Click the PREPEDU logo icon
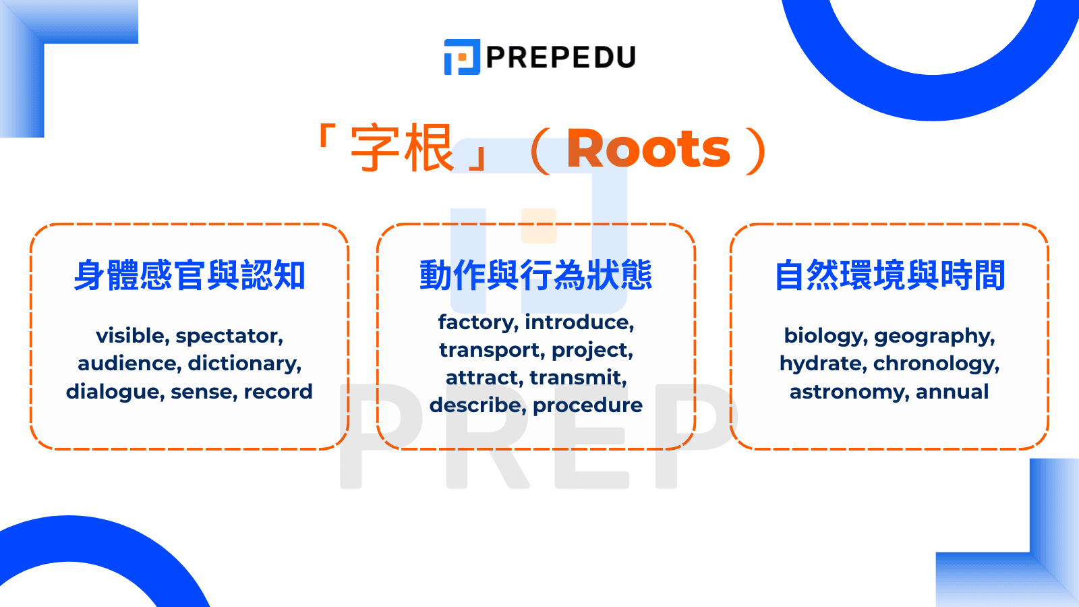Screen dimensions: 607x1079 tap(462, 57)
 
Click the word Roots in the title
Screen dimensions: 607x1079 tap(648, 149)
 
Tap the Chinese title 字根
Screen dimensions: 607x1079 tap(402, 149)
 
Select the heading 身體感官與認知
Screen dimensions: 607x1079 tap(189, 275)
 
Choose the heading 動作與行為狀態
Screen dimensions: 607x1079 tap(536, 275)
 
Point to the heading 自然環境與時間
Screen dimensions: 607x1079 tap(890, 275)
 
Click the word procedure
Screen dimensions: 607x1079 tap(587, 405)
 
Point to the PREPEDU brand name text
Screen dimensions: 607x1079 tap(560, 57)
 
